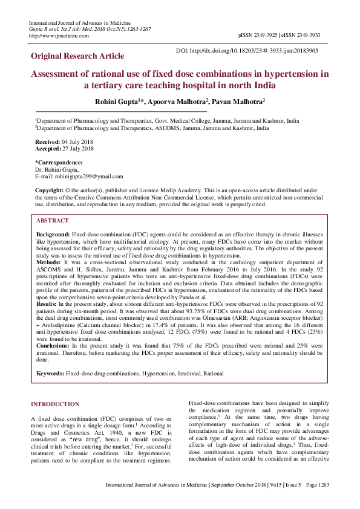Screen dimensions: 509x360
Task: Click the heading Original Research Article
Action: pos(77,56)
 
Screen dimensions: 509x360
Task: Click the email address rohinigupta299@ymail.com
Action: pos(88,177)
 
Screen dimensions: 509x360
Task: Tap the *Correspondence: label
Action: pos(59,163)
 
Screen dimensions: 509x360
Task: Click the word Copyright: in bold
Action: pos(49,190)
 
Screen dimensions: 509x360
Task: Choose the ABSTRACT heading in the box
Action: pos(53,221)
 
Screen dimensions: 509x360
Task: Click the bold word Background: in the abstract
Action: pos(53,233)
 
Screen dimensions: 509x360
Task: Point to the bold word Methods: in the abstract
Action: pos(49,263)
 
